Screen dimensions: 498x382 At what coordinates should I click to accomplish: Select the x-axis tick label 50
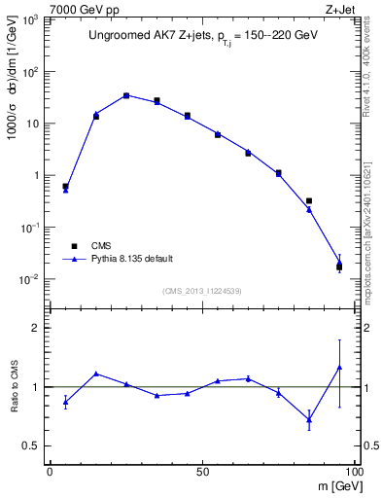202,470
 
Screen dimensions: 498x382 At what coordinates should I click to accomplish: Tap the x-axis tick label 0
50,470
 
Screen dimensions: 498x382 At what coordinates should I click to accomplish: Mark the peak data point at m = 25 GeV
126,95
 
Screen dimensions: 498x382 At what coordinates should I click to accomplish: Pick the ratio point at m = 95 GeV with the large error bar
339,367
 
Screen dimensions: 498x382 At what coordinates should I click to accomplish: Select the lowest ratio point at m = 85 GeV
309,419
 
